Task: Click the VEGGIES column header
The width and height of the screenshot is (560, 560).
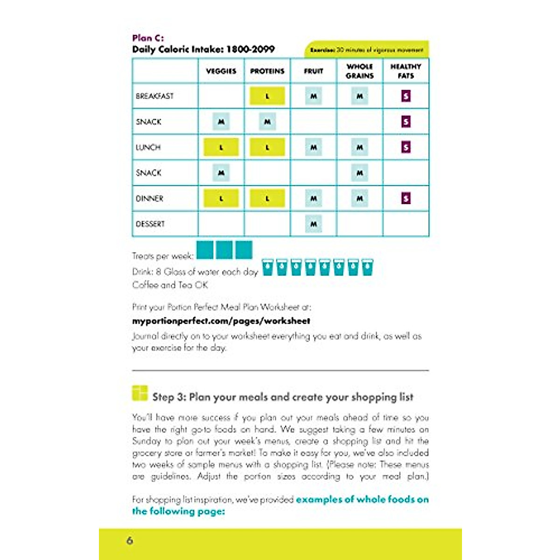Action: [221, 71]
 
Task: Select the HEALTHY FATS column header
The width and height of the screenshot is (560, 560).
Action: [406, 71]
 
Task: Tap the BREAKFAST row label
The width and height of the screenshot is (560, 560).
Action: [154, 96]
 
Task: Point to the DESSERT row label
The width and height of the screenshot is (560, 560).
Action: [150, 224]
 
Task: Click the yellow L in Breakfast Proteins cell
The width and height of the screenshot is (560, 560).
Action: [267, 96]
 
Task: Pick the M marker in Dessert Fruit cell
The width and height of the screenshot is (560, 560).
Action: [314, 224]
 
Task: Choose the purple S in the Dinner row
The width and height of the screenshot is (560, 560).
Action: [406, 198]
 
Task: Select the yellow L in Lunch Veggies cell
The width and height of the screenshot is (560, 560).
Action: [221, 147]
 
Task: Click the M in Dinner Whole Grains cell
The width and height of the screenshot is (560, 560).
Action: [360, 198]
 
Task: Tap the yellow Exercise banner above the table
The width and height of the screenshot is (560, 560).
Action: [367, 49]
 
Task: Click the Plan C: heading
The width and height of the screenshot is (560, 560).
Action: [148, 38]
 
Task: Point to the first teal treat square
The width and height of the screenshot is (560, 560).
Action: [205, 250]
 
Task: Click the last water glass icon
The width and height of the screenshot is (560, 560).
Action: [367, 267]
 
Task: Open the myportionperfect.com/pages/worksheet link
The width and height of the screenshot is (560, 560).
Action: [221, 321]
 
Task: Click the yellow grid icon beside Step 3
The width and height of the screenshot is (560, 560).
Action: [140, 393]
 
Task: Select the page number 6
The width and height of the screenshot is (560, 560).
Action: [130, 540]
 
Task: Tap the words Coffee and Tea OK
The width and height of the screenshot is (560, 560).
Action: [170, 285]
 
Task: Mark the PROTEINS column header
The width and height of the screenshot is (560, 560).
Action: [267, 71]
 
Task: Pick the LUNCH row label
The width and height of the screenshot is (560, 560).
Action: [148, 147]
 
